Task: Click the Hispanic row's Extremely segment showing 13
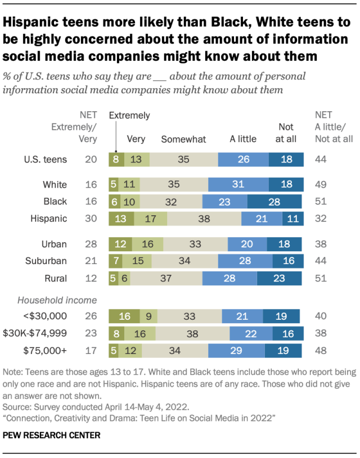(121, 218)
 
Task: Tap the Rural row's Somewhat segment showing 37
(166, 278)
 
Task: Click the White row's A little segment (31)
(238, 184)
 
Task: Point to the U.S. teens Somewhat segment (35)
(183, 160)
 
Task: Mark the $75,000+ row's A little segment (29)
(236, 350)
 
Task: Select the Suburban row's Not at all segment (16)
(289, 261)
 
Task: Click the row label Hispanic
(49, 218)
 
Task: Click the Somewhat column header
(184, 139)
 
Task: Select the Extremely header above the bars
(129, 116)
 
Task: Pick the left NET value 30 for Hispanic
(89, 218)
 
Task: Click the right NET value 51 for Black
(319, 201)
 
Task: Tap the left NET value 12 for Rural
(89, 278)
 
